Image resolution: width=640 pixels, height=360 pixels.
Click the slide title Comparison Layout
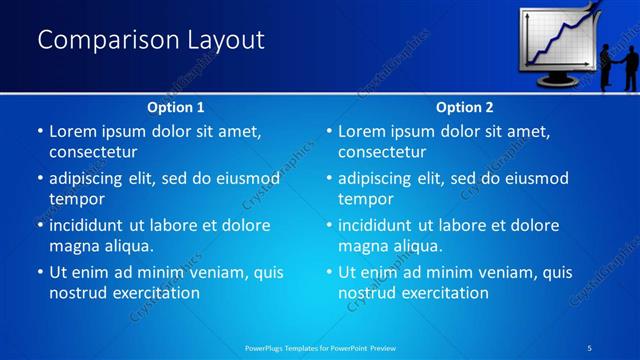coord(151,40)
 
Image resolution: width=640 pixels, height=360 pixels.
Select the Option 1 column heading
coord(176,107)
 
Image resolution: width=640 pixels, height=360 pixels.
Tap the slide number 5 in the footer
coord(590,347)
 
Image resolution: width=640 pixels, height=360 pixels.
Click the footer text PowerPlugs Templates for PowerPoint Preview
coord(321,347)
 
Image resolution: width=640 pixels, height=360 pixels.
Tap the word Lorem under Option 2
coord(363,131)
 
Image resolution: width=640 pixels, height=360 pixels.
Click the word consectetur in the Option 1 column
coord(93,152)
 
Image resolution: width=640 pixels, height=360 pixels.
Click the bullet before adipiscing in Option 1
coord(39,179)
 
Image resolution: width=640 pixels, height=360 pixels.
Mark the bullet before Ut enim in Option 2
coord(328,273)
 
